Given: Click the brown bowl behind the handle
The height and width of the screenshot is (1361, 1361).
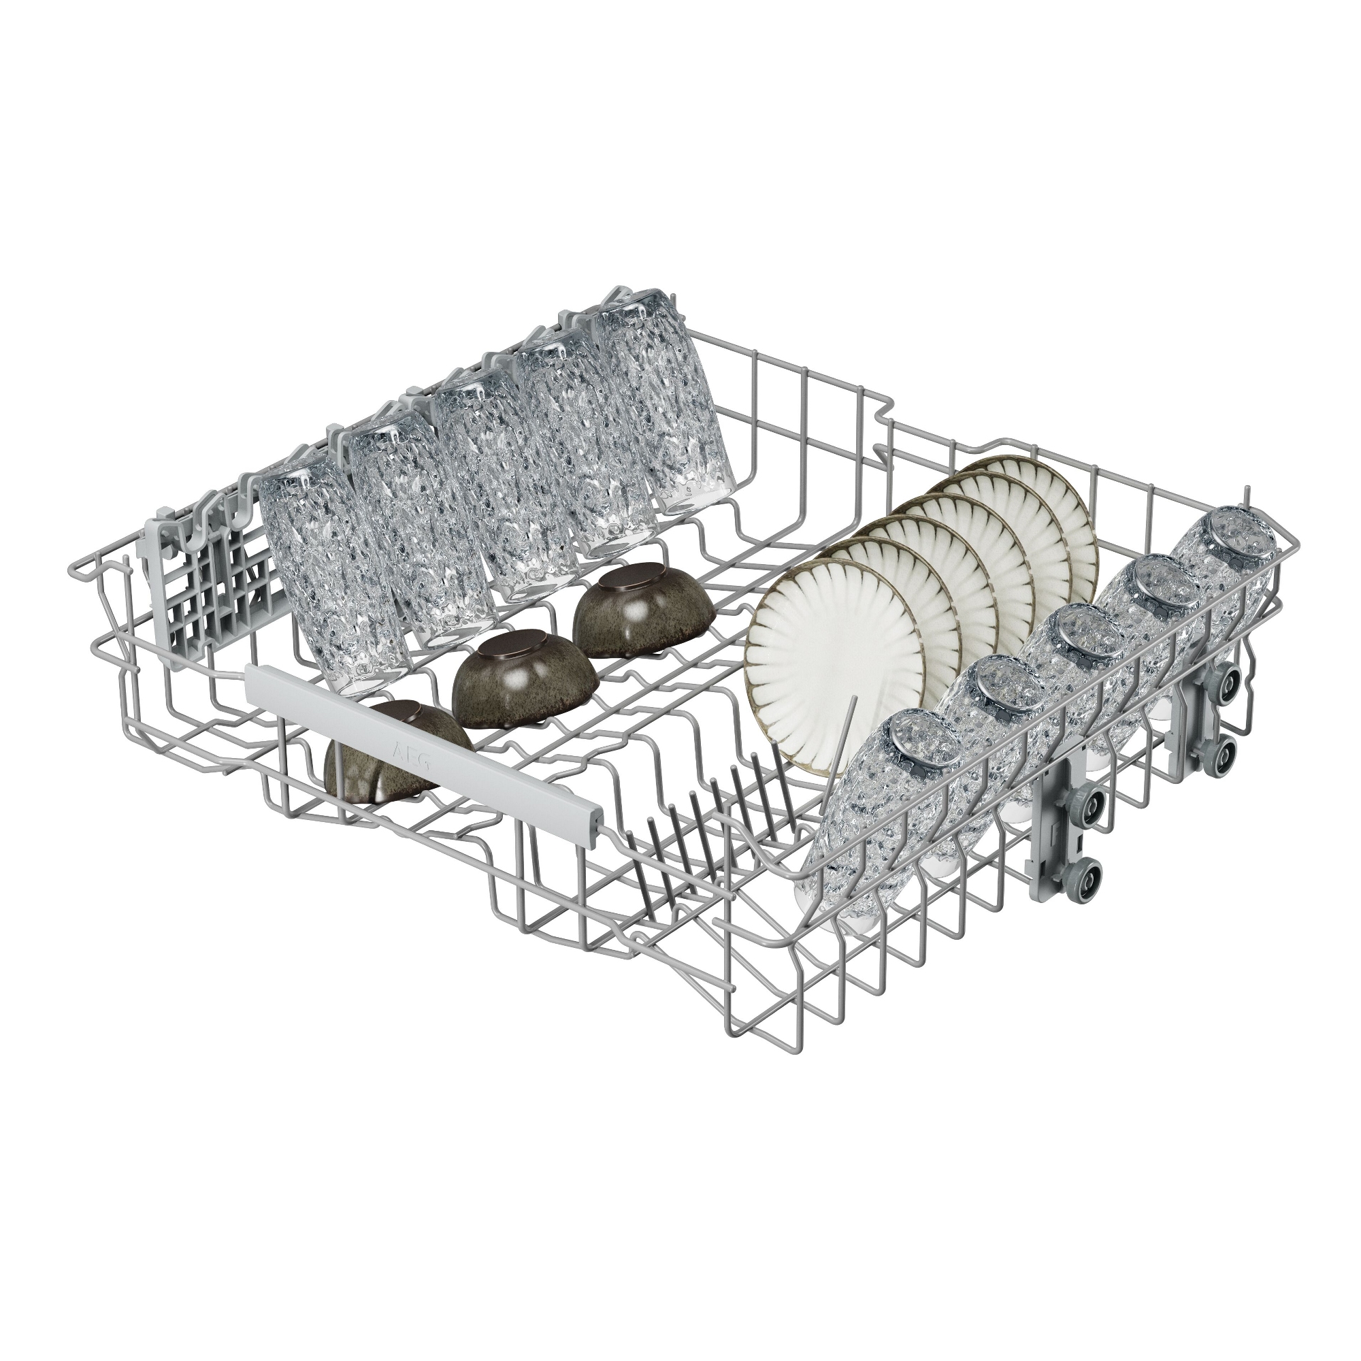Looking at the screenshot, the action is pos(395,743).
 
